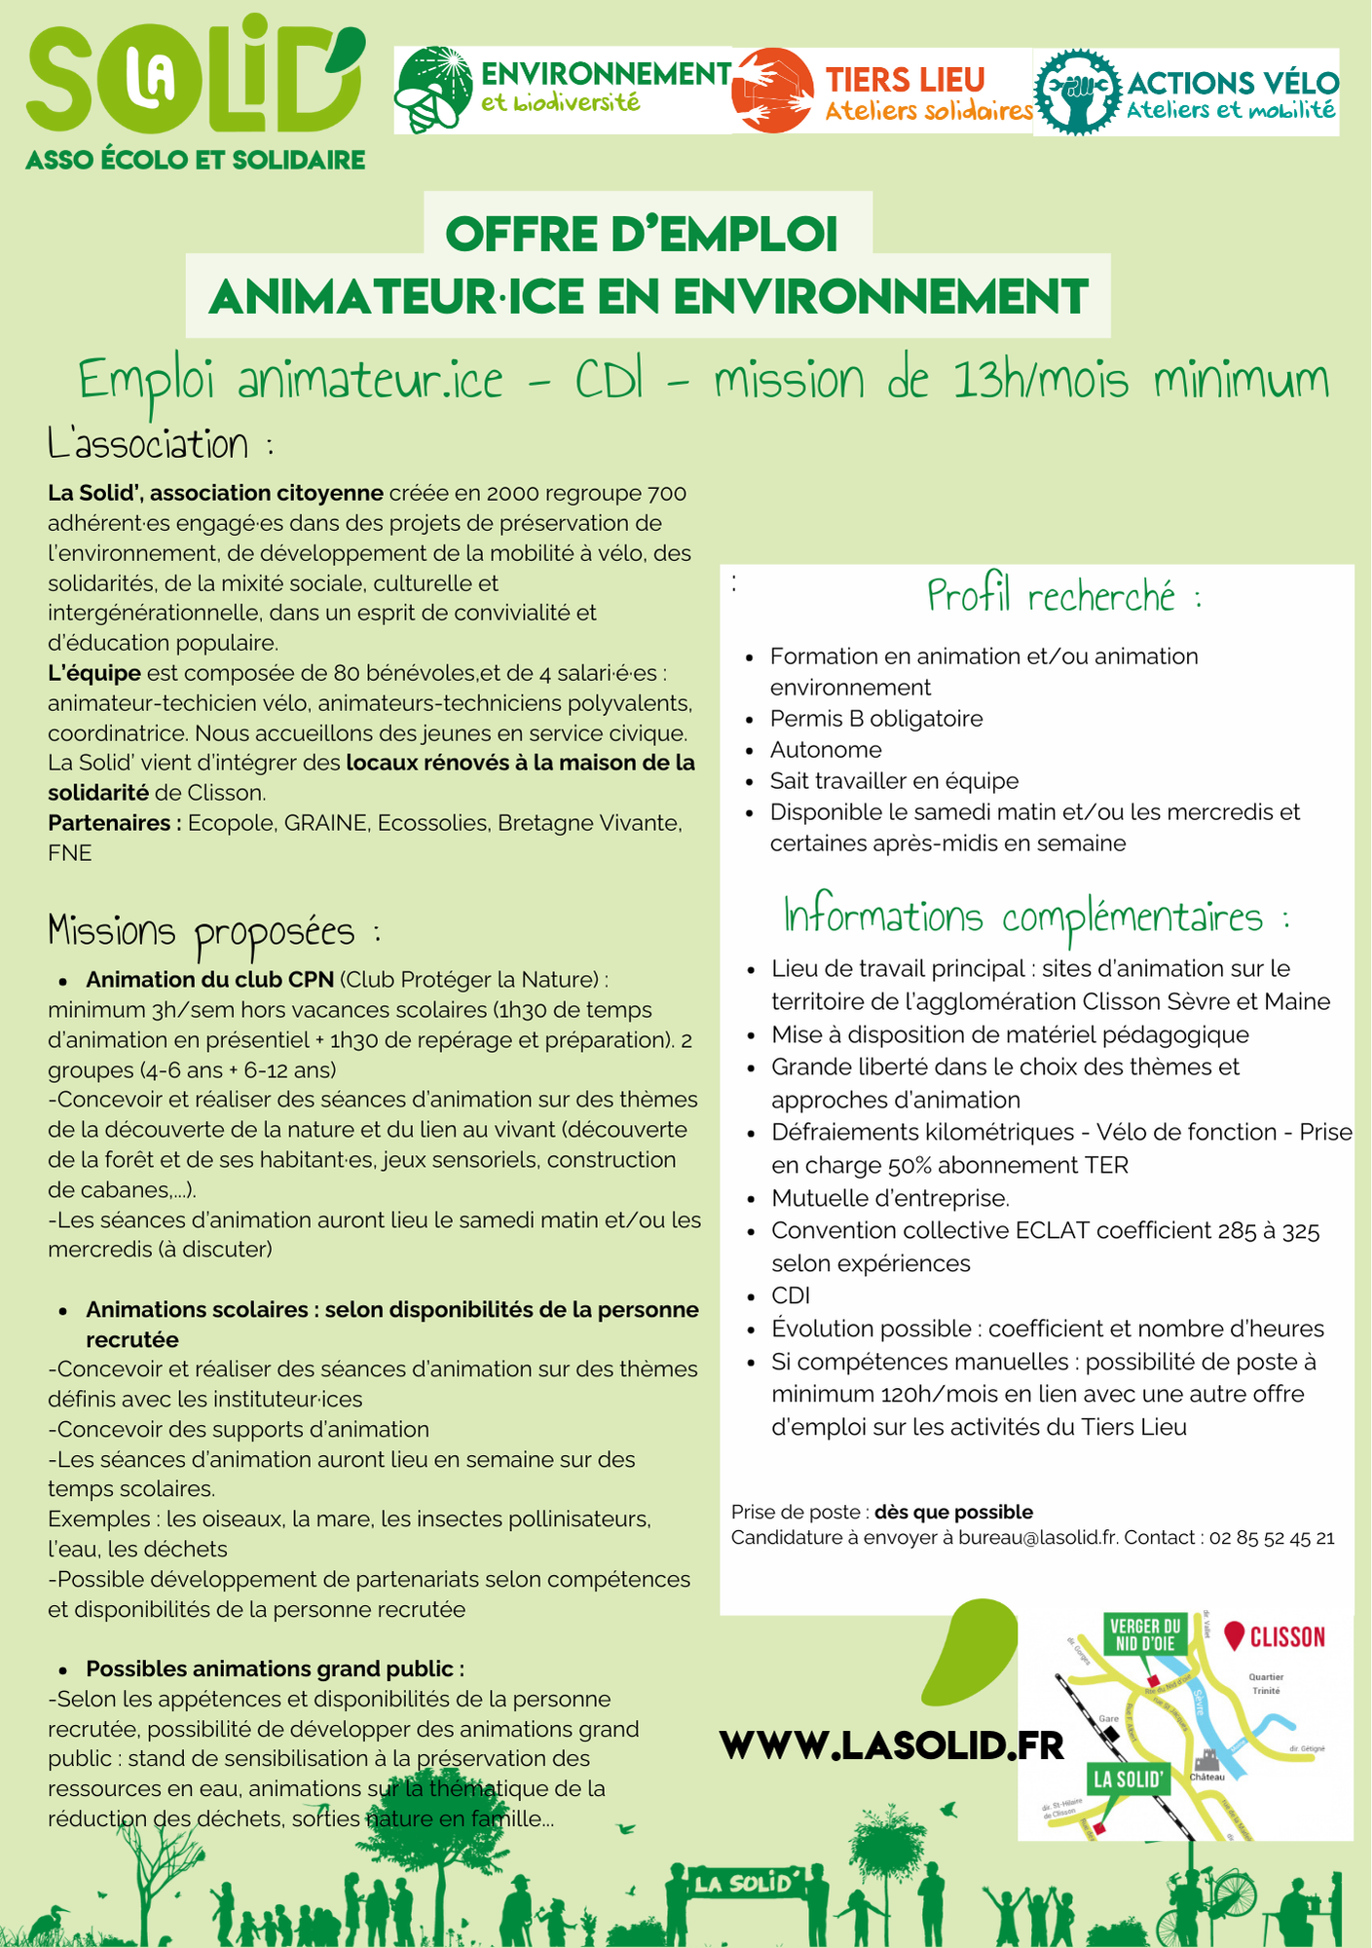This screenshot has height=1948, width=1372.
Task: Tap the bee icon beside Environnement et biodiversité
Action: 434,91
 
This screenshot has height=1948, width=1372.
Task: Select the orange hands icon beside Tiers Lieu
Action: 773,91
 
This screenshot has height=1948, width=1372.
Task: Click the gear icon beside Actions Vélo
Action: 1077,92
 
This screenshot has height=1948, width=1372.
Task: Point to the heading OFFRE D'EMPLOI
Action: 642,234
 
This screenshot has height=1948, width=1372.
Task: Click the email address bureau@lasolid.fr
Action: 1038,1538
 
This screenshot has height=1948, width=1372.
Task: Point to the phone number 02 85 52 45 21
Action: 1272,1538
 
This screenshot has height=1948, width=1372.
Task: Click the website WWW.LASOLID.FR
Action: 892,1745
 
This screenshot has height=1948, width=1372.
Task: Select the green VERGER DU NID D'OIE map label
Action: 1145,1635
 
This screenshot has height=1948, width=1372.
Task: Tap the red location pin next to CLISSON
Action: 1235,1635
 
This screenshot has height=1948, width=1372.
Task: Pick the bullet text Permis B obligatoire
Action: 876,719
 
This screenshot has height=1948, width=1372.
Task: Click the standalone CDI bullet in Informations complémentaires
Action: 791,1295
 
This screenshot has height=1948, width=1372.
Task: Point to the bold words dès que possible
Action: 953,1512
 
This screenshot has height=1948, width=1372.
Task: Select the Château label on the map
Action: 1207,1777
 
